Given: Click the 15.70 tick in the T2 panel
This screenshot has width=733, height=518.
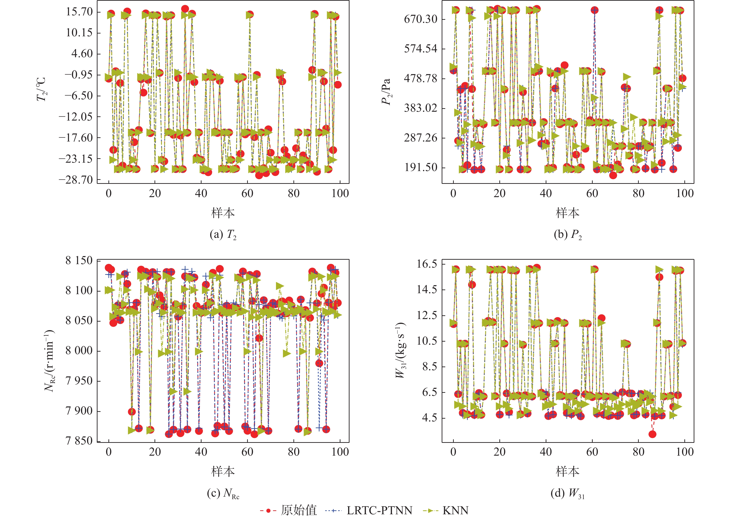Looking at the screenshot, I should (79, 12).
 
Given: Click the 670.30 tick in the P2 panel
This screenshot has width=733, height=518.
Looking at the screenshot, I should (420, 19).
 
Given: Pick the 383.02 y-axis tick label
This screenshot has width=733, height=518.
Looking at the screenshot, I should (420, 108).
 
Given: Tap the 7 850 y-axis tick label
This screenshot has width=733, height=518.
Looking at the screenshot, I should (79, 441).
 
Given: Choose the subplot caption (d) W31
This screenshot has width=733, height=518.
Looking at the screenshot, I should (568, 494).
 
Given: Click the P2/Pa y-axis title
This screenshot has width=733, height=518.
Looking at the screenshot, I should (386, 92).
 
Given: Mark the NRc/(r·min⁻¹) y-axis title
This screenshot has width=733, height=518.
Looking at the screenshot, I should (50, 361).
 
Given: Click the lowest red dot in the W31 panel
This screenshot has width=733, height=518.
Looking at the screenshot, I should (652, 434).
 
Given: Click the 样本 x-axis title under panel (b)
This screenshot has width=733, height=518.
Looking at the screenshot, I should (568, 212).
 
